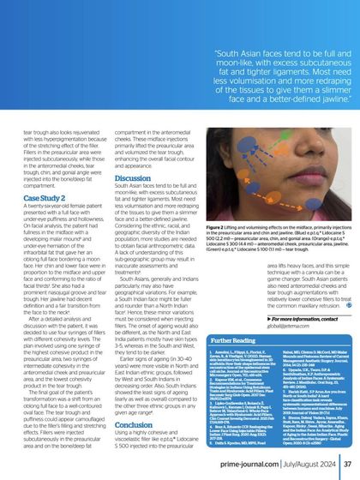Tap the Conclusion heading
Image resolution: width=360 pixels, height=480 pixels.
click(x=134, y=423)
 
